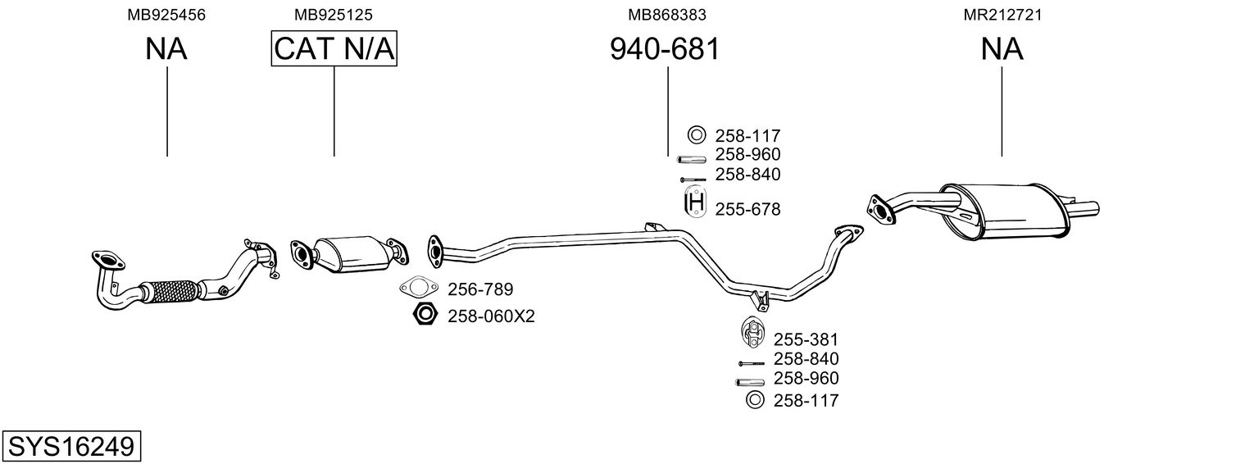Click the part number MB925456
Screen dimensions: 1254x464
pyautogui.click(x=166, y=15)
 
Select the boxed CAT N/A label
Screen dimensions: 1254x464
pyautogui.click(x=334, y=48)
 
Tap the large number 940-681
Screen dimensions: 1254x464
pyautogui.click(x=665, y=49)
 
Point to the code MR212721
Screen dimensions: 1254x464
pyautogui.click(x=1002, y=15)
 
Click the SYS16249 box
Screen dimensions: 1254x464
pyautogui.click(x=71, y=446)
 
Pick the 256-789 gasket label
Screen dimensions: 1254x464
pyautogui.click(x=480, y=289)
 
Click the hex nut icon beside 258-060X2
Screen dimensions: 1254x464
pyautogui.click(x=425, y=315)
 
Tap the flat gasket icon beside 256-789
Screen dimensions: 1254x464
pyautogui.click(x=418, y=288)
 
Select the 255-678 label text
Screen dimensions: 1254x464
pyautogui.click(x=747, y=209)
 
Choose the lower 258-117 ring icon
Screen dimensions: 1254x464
pyautogui.click(x=755, y=399)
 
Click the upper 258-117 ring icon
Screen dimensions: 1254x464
pyautogui.click(x=696, y=135)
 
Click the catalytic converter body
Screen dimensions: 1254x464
pyautogui.click(x=349, y=254)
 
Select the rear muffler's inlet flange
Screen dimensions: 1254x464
pyautogui.click(x=880, y=211)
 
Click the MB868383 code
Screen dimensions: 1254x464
pyautogui.click(x=666, y=15)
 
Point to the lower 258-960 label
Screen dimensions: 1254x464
pyautogui.click(x=806, y=379)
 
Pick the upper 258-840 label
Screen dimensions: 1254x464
pyautogui.click(x=747, y=175)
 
